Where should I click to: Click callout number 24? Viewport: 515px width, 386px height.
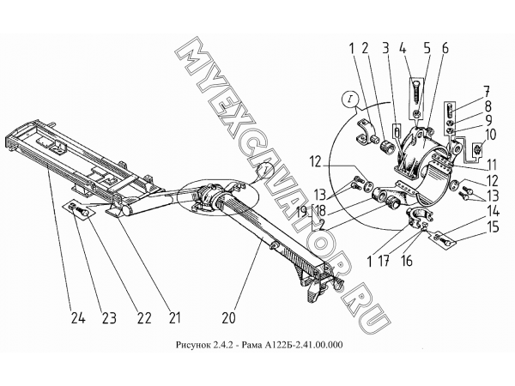click(78, 317)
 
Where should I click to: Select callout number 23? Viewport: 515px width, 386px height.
click(109, 317)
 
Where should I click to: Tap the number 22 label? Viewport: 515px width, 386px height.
click(144, 317)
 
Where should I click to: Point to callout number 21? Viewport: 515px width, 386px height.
click(174, 317)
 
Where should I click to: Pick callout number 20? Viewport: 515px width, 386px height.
click(229, 317)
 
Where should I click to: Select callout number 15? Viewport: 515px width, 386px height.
click(493, 227)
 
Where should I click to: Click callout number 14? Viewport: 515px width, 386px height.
click(493, 212)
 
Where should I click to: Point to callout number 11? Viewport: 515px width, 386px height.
click(492, 165)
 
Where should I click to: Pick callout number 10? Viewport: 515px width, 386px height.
click(490, 135)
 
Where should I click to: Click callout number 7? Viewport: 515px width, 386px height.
click(486, 92)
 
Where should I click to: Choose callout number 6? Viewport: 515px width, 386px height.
click(445, 48)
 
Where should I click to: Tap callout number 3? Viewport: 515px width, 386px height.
click(385, 48)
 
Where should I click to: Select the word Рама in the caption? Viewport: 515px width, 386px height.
click(246, 345)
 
